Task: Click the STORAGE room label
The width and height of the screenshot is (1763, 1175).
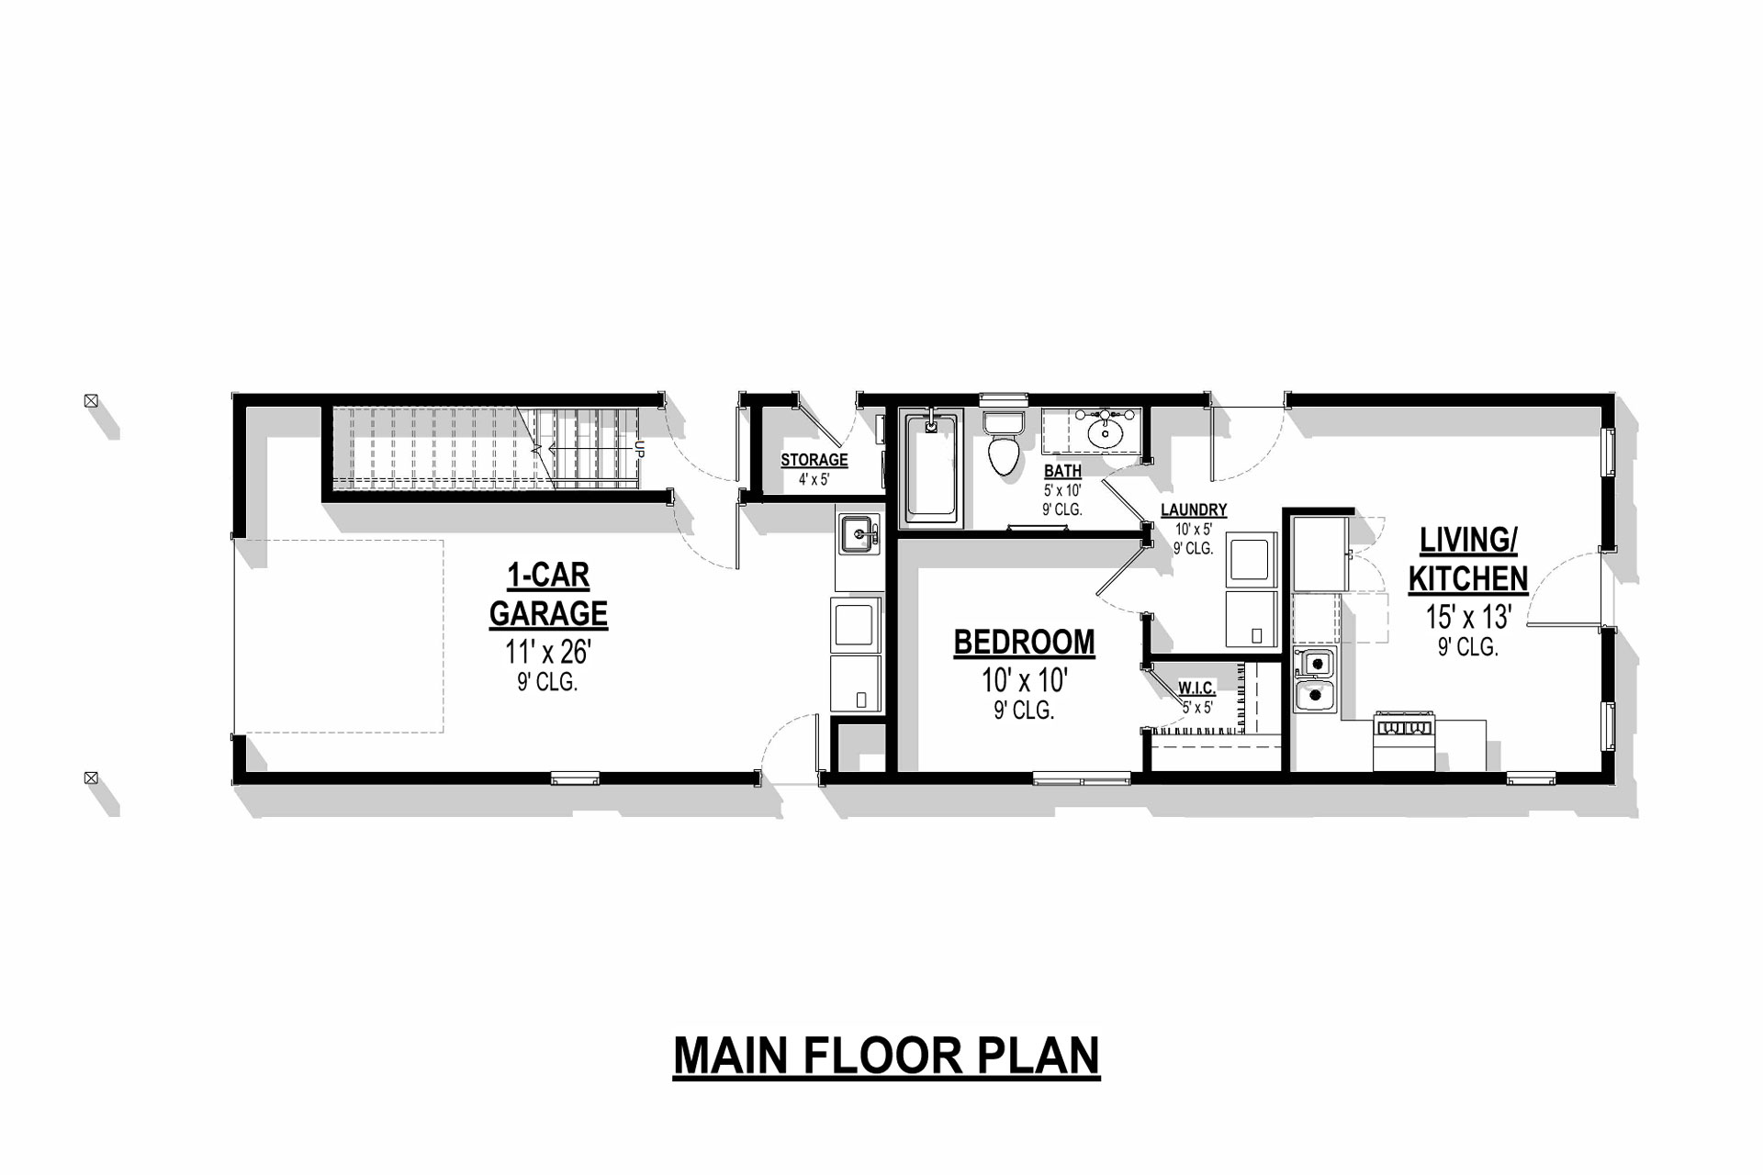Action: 814,460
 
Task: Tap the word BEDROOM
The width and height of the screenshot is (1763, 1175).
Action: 1024,643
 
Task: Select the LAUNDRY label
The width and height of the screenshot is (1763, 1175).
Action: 1193,510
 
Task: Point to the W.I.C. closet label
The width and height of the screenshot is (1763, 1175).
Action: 1197,688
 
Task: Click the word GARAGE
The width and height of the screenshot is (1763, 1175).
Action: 548,613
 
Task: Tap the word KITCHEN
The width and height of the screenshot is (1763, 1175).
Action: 1468,579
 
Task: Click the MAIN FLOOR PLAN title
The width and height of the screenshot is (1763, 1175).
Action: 886,1056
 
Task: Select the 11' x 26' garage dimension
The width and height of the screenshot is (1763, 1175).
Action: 548,652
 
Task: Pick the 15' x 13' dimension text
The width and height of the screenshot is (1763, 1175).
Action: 1468,617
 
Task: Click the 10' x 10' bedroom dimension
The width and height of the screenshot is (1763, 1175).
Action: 1024,680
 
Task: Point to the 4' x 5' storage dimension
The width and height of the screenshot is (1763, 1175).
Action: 814,479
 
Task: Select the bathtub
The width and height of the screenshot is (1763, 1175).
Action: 933,468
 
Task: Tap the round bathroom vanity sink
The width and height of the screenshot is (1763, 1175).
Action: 1108,433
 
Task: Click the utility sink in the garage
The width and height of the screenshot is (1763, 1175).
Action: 859,535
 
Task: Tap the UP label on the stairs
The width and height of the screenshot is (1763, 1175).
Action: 640,450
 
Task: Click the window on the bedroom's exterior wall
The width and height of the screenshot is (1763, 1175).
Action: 1082,780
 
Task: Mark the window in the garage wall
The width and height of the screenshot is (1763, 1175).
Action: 576,778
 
